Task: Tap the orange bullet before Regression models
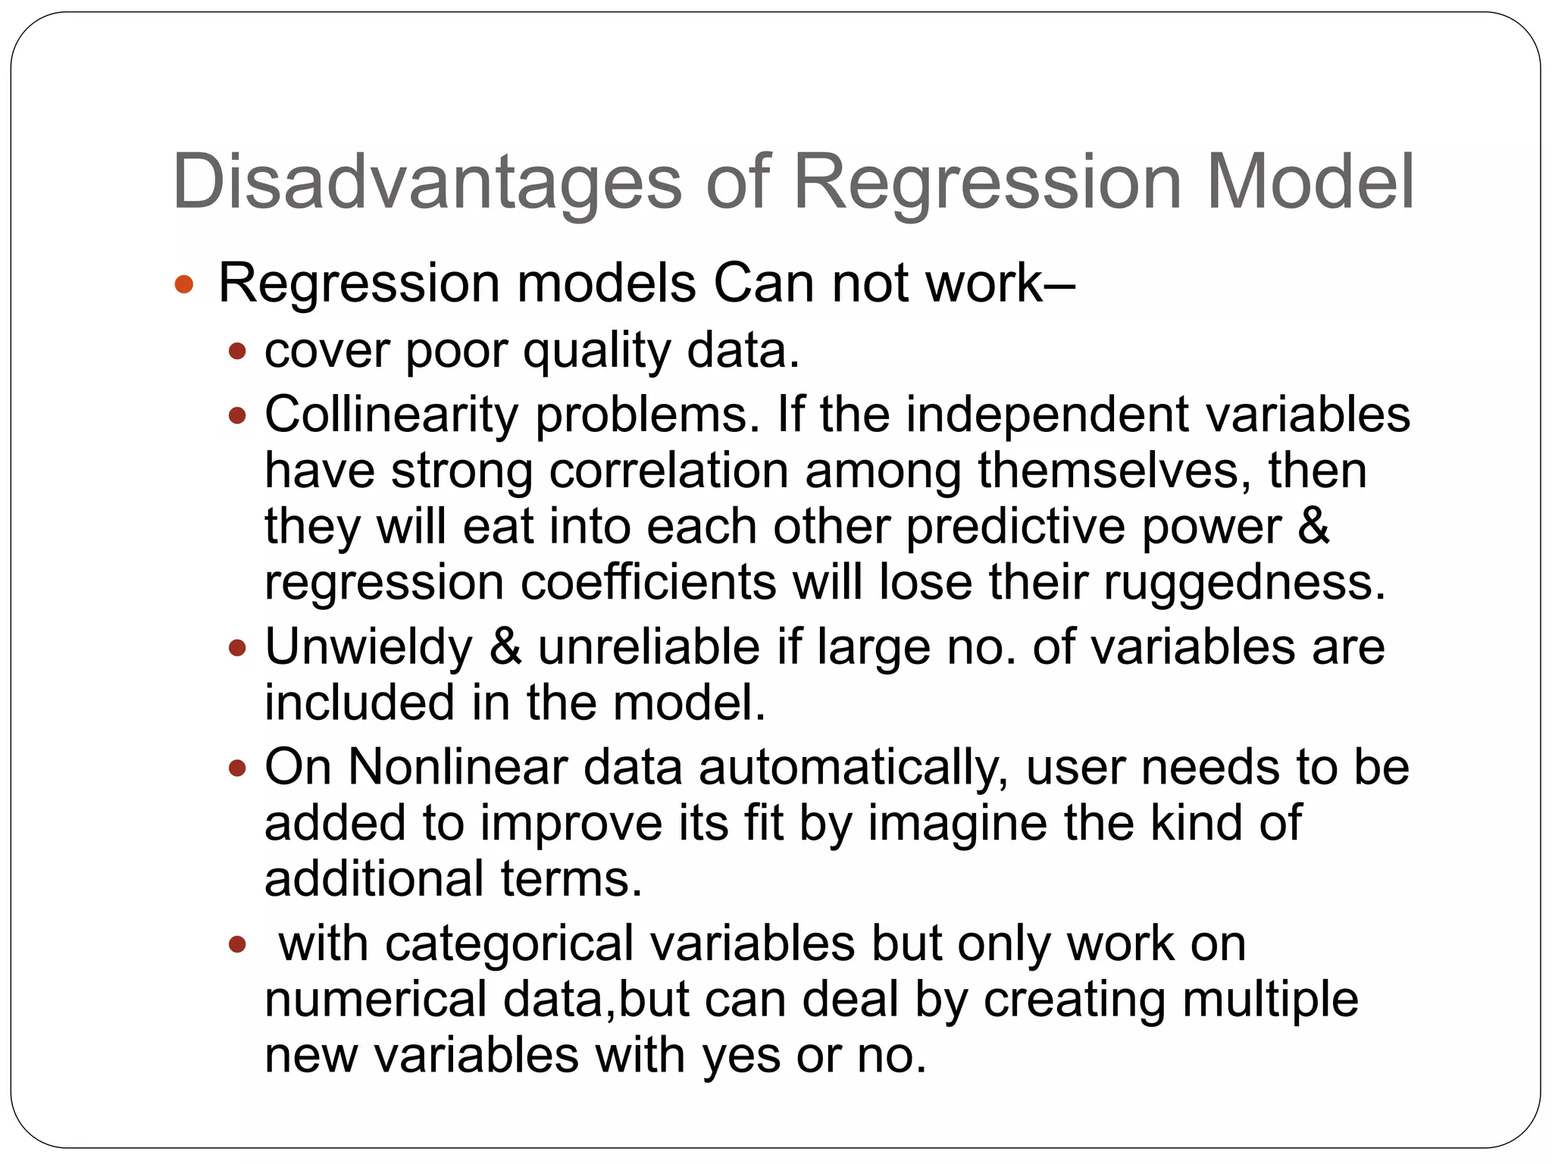pyautogui.click(x=184, y=285)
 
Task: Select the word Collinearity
pyautogui.click(x=391, y=415)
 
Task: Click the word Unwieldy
pyautogui.click(x=368, y=647)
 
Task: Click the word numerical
pyautogui.click(x=375, y=999)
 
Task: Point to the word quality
pyautogui.click(x=596, y=351)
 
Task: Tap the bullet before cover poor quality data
pyautogui.click(x=237, y=352)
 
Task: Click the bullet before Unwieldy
pyautogui.click(x=237, y=648)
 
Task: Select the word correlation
pyautogui.click(x=668, y=470)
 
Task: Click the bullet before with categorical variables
pyautogui.click(x=237, y=944)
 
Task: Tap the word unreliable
pyautogui.click(x=649, y=647)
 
